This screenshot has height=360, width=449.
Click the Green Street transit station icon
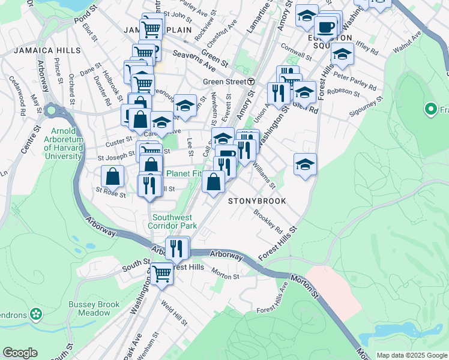(250, 82)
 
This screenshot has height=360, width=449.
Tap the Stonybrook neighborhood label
(257, 201)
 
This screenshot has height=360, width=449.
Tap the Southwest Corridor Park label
(174, 221)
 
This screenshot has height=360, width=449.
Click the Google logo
(20, 353)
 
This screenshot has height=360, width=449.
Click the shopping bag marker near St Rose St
(112, 177)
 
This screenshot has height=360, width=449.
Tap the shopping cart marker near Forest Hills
(161, 274)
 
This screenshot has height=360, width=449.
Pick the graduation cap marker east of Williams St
(305, 164)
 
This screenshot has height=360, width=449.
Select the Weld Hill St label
(173, 313)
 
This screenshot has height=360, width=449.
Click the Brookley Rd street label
(268, 221)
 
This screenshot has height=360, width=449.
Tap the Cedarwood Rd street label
(22, 103)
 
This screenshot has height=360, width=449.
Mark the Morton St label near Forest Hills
(225, 276)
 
